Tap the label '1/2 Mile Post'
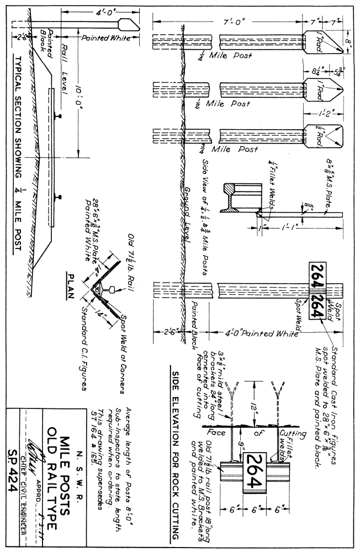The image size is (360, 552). click(223, 103)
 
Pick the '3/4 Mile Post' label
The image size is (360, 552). click(223, 149)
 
